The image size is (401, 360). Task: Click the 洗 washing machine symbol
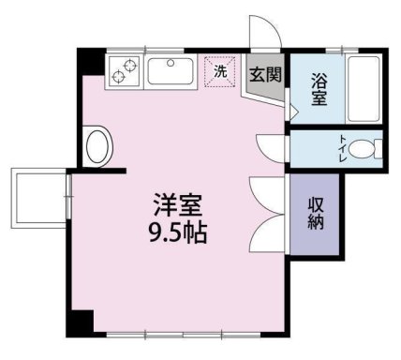[220, 71]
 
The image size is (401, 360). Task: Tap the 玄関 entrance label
[265, 74]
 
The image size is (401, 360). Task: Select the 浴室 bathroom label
[319, 89]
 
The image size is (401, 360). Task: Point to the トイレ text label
[343, 148]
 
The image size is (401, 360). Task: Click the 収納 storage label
[316, 214]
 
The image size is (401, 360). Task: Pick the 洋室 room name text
[178, 205]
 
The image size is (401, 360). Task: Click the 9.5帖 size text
[178, 232]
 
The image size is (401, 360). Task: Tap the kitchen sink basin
[171, 71]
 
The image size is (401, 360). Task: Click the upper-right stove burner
[129, 66]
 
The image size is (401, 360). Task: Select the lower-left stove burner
[118, 77]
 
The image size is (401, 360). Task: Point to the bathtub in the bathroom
[364, 89]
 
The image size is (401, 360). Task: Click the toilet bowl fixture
[365, 149]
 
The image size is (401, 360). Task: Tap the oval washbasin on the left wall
[97, 147]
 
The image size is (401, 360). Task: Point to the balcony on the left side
[40, 198]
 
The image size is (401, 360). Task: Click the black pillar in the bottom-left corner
[80, 323]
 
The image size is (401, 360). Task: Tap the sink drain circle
[171, 63]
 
